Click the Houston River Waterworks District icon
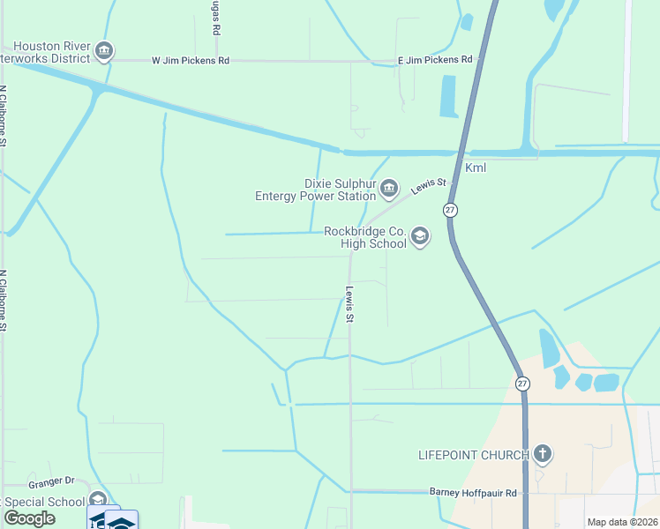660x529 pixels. tap(104, 51)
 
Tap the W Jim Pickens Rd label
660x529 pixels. tap(191, 61)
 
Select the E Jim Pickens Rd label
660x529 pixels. tap(435, 59)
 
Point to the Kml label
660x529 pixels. tap(476, 168)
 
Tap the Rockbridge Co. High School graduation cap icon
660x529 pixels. tap(419, 236)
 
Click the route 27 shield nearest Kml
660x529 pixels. tap(450, 210)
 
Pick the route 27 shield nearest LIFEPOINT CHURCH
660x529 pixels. tap(522, 383)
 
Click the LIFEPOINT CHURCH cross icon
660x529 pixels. tap(542, 454)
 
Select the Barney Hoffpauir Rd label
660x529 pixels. tap(473, 492)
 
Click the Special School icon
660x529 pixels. tap(98, 501)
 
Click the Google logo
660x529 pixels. tap(30, 518)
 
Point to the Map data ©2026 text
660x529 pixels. tap(621, 522)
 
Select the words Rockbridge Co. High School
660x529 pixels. tap(364, 237)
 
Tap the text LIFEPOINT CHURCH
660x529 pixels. tap(474, 455)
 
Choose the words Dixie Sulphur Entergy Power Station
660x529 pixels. tap(315, 190)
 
